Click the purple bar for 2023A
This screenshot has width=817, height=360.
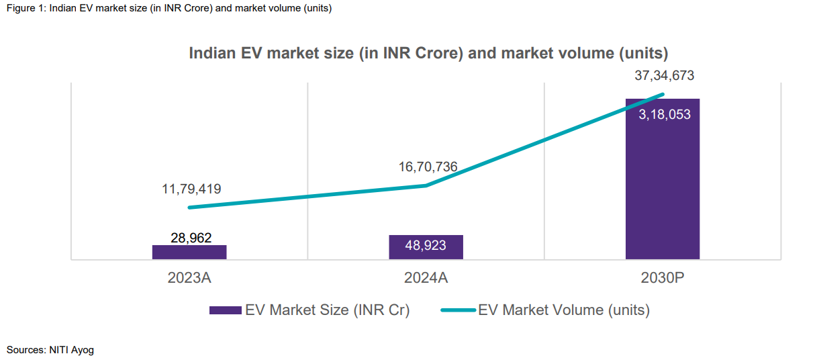(189, 252)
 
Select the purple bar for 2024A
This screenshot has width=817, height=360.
(426, 246)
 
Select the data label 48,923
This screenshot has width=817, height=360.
(426, 246)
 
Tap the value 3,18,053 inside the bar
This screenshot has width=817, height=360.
(664, 115)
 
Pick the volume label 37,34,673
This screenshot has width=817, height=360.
(664, 75)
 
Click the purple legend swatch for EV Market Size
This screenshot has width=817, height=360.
(225, 310)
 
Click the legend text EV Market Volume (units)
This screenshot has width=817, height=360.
(564, 310)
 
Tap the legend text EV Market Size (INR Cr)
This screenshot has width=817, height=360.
(327, 310)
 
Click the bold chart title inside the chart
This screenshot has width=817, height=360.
(428, 53)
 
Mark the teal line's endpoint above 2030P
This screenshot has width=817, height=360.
(663, 94)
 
